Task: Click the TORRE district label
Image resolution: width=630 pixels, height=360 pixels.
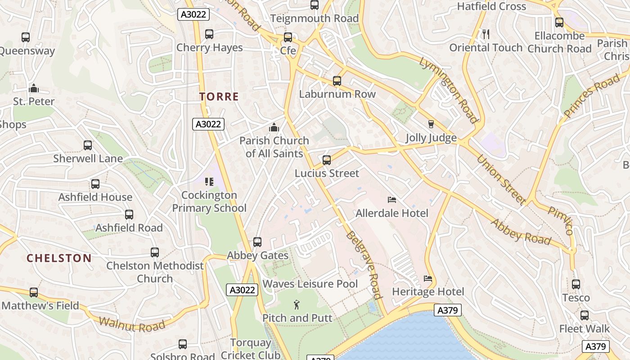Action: click(219, 96)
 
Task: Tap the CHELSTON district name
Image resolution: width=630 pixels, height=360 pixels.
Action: click(59, 258)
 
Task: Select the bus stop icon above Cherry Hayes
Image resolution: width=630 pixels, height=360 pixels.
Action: click(209, 34)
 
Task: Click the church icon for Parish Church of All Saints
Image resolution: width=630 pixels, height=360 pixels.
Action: click(274, 128)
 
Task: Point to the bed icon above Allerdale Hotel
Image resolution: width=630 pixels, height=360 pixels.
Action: click(392, 200)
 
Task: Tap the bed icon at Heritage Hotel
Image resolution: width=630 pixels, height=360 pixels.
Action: click(428, 279)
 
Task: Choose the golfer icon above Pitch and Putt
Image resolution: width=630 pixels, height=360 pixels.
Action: click(297, 305)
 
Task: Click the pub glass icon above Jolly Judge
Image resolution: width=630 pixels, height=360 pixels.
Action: click(431, 124)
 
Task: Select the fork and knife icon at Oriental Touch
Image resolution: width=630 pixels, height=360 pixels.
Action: click(486, 34)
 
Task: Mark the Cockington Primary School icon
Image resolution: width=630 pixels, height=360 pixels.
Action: click(209, 182)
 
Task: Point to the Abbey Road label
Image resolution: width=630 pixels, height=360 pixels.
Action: click(521, 232)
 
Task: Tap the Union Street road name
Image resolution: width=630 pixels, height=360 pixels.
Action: click(501, 180)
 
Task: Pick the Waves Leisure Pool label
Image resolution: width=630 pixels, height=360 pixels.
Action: click(310, 284)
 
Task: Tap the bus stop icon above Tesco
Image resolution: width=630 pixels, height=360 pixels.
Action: click(576, 284)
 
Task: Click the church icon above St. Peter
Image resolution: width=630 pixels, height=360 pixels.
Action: click(34, 88)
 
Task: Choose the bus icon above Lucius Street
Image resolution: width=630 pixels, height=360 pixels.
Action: click(327, 160)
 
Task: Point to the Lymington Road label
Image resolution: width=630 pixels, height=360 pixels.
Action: click(448, 90)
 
